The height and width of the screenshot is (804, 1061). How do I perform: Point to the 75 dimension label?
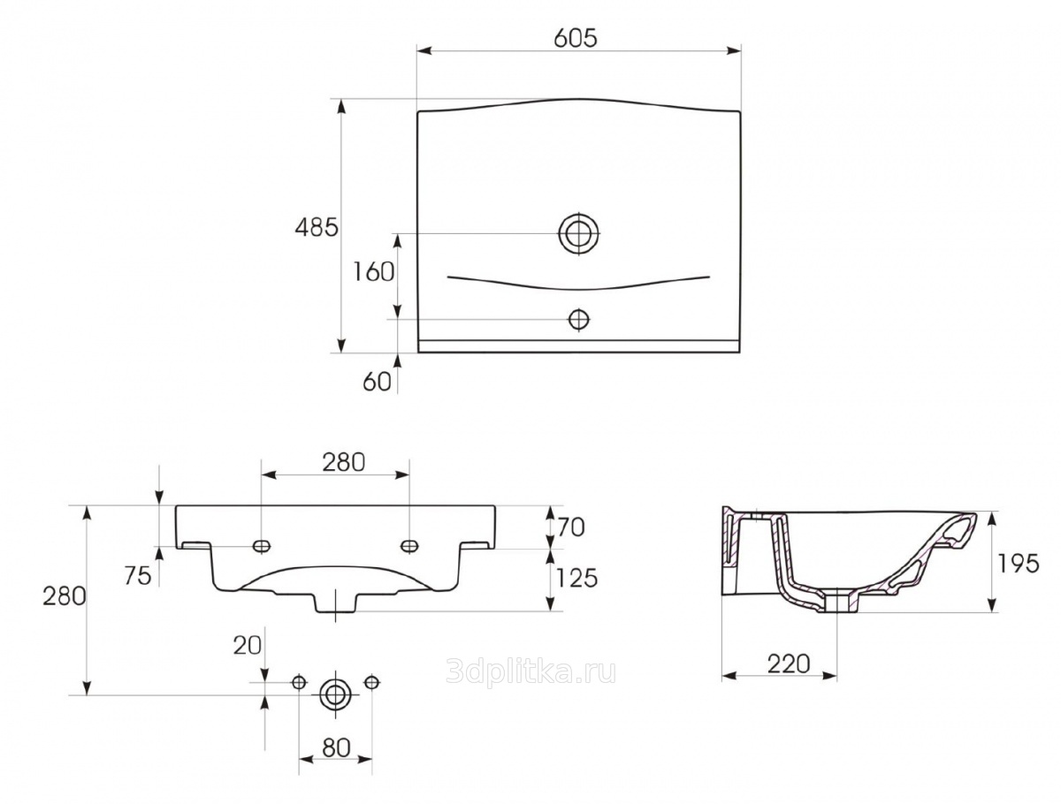pyautogui.click(x=137, y=575)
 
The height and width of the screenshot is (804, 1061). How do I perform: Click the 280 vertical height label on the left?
pyautogui.click(x=64, y=596)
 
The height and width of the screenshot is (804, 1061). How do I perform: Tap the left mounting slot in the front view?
pyautogui.click(x=260, y=546)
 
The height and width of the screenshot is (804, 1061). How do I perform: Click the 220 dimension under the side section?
pyautogui.click(x=787, y=664)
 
